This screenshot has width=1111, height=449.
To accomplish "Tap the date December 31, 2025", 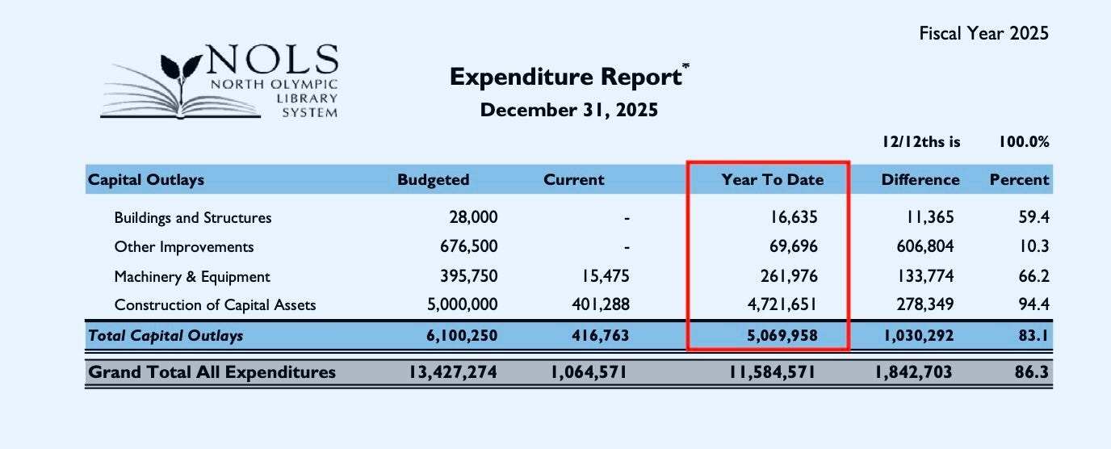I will click(x=568, y=110).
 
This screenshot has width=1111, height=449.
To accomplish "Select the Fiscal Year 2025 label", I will click(x=983, y=33).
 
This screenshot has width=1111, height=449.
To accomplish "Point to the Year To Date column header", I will click(x=772, y=180).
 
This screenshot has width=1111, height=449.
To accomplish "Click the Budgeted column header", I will click(x=433, y=180).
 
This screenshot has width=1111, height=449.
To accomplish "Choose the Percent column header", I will click(x=1019, y=180).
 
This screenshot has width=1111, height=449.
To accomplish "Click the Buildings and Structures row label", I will click(x=193, y=218).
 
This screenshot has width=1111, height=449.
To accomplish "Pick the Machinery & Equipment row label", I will click(x=192, y=277).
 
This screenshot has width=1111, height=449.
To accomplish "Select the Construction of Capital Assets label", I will click(x=215, y=305).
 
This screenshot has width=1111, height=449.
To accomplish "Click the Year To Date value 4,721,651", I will click(x=778, y=305).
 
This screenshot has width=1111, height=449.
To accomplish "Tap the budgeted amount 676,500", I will click(x=467, y=247).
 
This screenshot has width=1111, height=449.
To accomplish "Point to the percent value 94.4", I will click(x=1033, y=305).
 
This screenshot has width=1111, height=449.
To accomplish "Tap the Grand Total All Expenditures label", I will click(x=212, y=372).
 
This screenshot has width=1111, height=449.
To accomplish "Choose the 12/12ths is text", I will click(x=921, y=142).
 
